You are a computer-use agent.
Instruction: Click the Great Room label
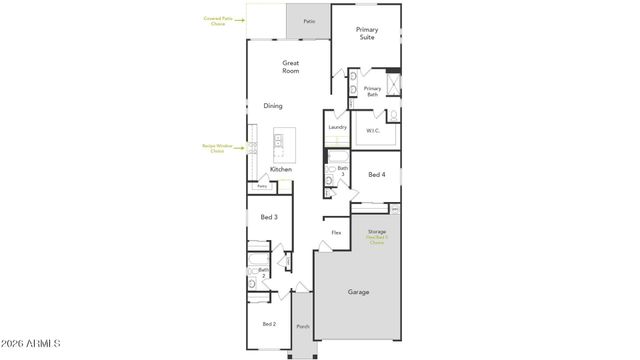291,67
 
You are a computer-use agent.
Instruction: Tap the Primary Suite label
367,35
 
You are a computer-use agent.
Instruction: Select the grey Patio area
309,20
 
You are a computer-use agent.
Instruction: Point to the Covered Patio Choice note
218,20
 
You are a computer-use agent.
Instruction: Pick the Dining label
273,106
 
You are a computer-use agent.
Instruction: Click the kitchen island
285,146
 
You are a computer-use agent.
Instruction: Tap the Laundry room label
337,127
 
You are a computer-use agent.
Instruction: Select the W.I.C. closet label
373,130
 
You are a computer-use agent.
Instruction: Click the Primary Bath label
372,91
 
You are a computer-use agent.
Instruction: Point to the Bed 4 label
376,174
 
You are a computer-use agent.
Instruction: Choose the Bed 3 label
269,217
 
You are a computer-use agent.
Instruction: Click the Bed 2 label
269,324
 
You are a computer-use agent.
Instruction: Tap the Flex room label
337,232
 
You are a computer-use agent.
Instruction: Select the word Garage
358,292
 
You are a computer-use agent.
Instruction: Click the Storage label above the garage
376,232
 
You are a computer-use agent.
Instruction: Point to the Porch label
303,327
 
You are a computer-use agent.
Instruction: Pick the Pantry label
262,186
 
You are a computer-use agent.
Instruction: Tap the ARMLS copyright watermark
32,345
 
